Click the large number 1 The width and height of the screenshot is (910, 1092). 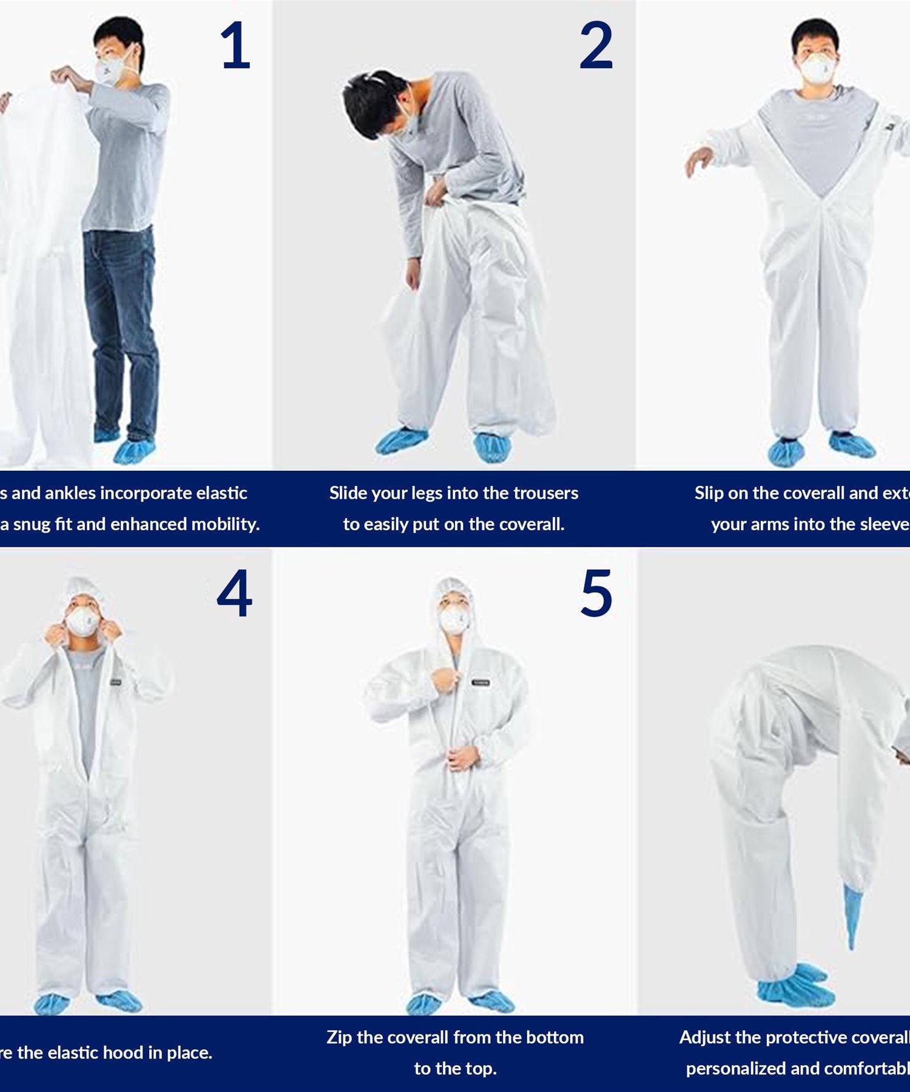pyautogui.click(x=235, y=45)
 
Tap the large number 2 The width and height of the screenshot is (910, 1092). pyautogui.click(x=596, y=45)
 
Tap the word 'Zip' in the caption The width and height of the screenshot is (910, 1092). pyautogui.click(x=339, y=1037)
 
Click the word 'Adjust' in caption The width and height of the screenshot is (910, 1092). pyautogui.click(x=705, y=1037)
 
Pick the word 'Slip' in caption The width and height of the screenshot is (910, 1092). pyautogui.click(x=709, y=493)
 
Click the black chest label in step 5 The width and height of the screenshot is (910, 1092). pyautogui.click(x=480, y=682)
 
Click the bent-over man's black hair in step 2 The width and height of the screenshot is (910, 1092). pyautogui.click(x=370, y=100)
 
